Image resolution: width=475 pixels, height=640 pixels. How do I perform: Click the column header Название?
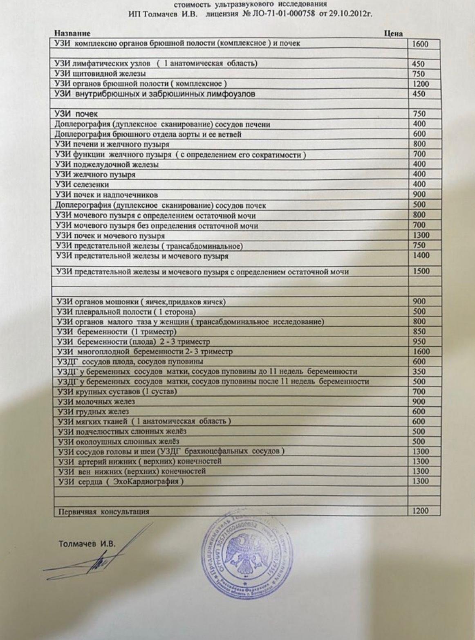click(x=72, y=34)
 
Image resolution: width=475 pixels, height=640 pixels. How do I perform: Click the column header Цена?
click(x=393, y=34)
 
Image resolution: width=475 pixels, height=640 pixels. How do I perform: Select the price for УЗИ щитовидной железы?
click(x=419, y=74)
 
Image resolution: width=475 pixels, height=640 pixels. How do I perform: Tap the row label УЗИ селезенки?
click(x=82, y=184)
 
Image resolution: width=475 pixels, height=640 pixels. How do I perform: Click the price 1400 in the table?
click(x=421, y=256)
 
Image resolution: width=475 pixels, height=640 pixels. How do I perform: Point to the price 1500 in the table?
click(x=421, y=271)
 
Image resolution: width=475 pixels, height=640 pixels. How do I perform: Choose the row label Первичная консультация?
click(x=104, y=512)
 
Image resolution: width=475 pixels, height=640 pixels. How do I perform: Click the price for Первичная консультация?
click(x=420, y=511)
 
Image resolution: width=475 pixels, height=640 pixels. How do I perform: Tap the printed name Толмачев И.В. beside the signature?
click(x=87, y=544)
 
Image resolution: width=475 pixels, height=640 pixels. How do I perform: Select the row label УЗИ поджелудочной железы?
click(x=107, y=164)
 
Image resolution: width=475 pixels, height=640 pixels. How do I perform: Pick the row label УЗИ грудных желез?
click(x=94, y=411)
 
